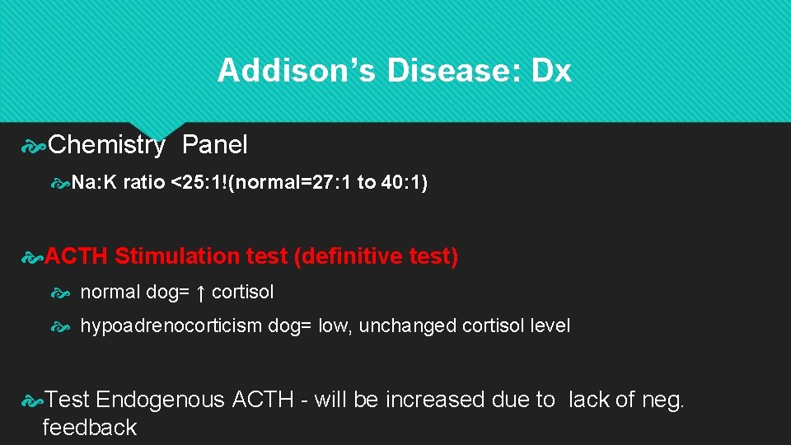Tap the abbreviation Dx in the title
pos(551,71)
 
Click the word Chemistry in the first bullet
pos(107,146)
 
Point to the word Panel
pos(214,145)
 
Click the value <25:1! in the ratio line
pos(199,182)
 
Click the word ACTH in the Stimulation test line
pos(76,256)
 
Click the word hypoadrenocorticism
pos(171,326)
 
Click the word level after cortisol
pos(547,326)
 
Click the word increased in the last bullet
pos(435,400)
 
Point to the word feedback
pos(89,428)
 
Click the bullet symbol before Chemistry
pos(33,147)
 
